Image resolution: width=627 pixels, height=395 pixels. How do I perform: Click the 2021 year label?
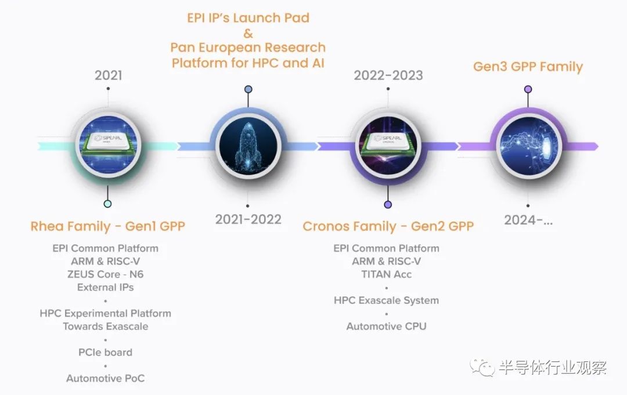(x=109, y=75)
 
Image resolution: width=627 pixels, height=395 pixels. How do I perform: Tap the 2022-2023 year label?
(x=388, y=75)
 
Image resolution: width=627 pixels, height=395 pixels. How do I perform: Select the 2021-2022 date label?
(x=248, y=219)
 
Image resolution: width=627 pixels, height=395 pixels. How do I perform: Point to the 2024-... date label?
(x=528, y=220)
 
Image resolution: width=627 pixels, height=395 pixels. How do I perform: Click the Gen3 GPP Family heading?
(x=528, y=67)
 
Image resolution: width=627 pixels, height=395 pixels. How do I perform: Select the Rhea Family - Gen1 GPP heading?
(x=107, y=226)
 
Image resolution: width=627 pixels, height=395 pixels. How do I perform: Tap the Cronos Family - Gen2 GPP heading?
(x=388, y=226)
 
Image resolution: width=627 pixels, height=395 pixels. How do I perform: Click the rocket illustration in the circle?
(x=248, y=146)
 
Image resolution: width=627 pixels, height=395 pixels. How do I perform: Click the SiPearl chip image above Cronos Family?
(x=388, y=146)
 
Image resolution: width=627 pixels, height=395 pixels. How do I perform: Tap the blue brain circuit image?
(x=528, y=146)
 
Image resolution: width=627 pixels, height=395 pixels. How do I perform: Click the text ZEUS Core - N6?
(x=105, y=274)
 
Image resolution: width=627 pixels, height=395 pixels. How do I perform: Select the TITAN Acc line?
(x=386, y=274)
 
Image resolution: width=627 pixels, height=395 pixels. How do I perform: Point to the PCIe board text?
(x=105, y=352)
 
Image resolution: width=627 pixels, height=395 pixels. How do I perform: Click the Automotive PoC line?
(x=105, y=378)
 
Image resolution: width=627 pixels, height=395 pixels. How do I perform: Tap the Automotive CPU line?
(x=386, y=327)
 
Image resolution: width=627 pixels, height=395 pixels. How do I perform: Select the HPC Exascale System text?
(x=386, y=300)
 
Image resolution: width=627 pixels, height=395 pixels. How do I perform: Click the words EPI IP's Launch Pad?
(x=248, y=18)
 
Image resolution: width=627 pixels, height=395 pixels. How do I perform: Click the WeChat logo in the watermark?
(x=482, y=367)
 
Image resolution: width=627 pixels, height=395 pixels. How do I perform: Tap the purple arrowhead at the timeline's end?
(x=594, y=147)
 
